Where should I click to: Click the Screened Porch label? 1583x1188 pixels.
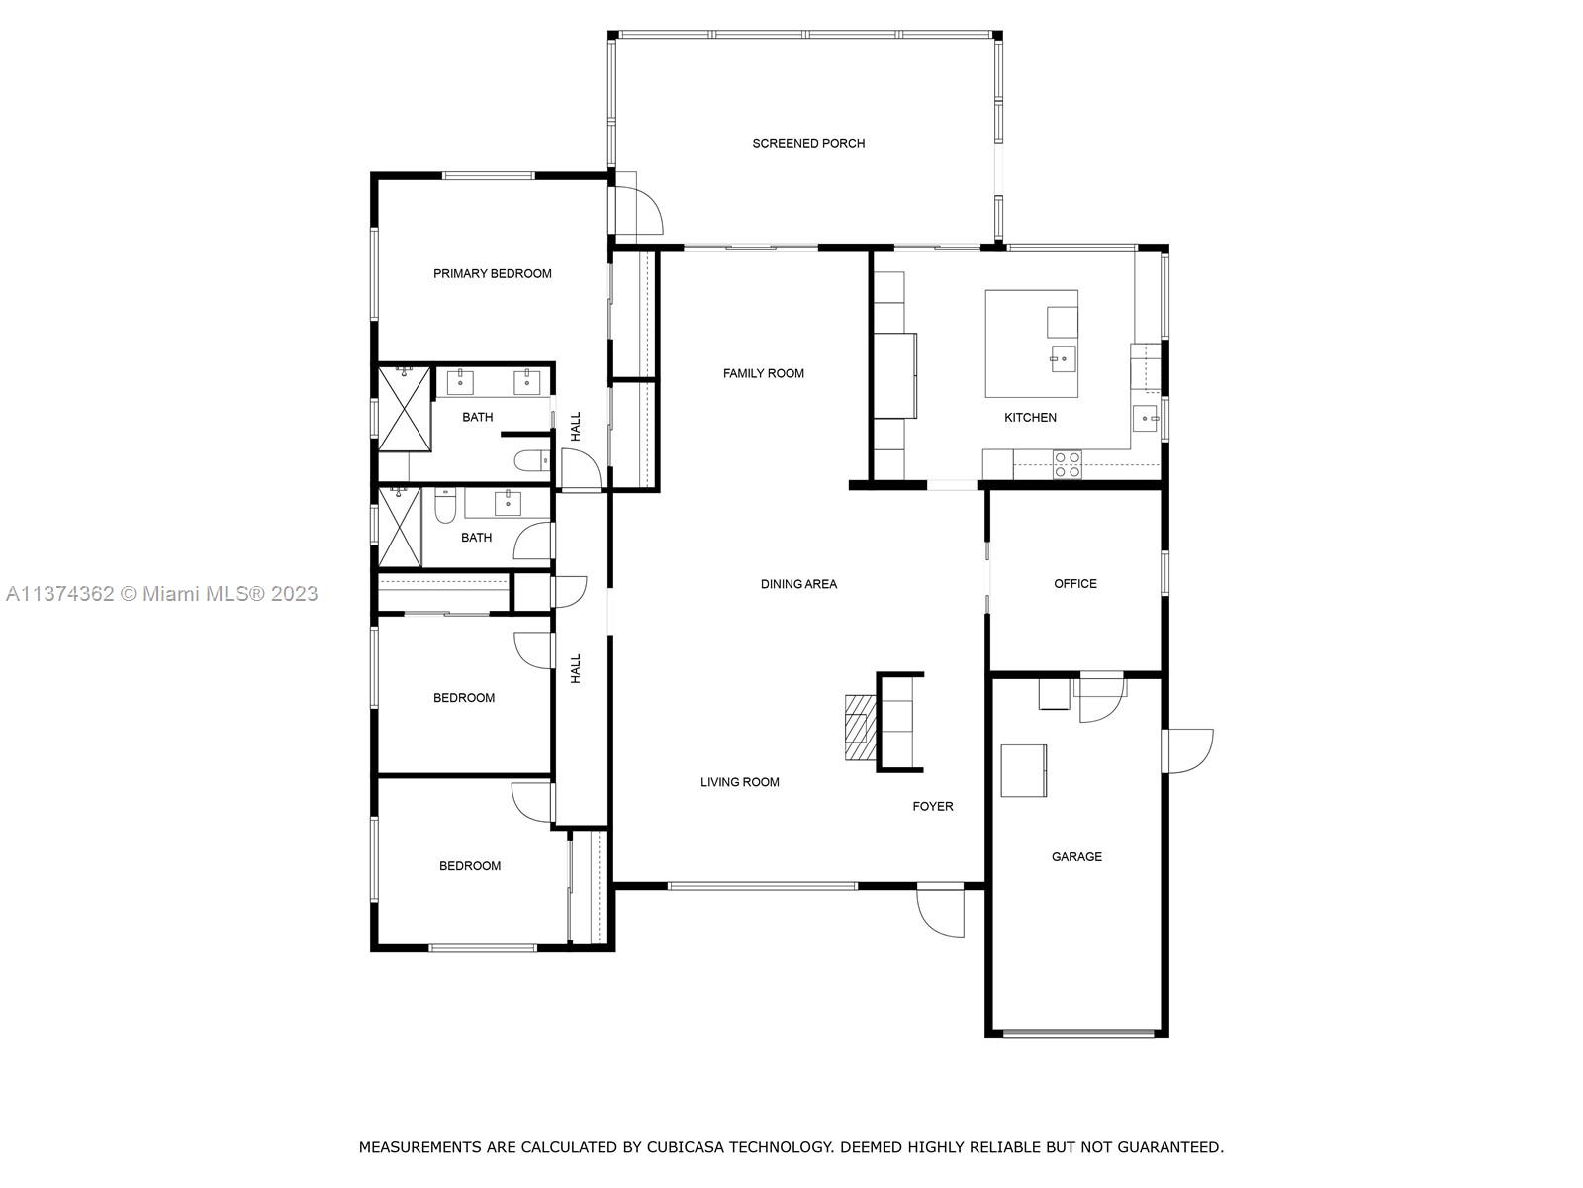[x=807, y=143]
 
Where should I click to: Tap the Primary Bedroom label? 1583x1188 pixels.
[x=492, y=273]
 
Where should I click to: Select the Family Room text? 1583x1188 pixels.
[x=763, y=373]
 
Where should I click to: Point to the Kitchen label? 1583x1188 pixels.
[x=1030, y=417]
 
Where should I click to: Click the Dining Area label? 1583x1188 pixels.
[x=798, y=583]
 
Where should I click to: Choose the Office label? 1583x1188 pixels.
[x=1074, y=583]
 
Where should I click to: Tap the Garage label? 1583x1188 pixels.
[x=1076, y=857]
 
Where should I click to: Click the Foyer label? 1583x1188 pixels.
[x=933, y=807]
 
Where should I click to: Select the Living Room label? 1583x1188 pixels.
[x=739, y=782]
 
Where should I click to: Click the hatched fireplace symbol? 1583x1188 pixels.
[x=861, y=727]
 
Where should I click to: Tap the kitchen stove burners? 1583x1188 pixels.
[x=1067, y=465]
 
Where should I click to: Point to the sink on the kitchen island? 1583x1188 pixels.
[x=1063, y=358]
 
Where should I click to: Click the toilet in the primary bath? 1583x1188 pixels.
[x=532, y=460]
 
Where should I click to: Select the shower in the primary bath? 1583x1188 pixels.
[x=404, y=409]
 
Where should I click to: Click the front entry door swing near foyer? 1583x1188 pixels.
[x=941, y=910]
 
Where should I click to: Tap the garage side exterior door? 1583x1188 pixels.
[x=1187, y=750]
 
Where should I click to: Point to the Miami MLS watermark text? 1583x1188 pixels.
[x=161, y=594]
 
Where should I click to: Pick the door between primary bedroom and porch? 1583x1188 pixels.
[x=634, y=209]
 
